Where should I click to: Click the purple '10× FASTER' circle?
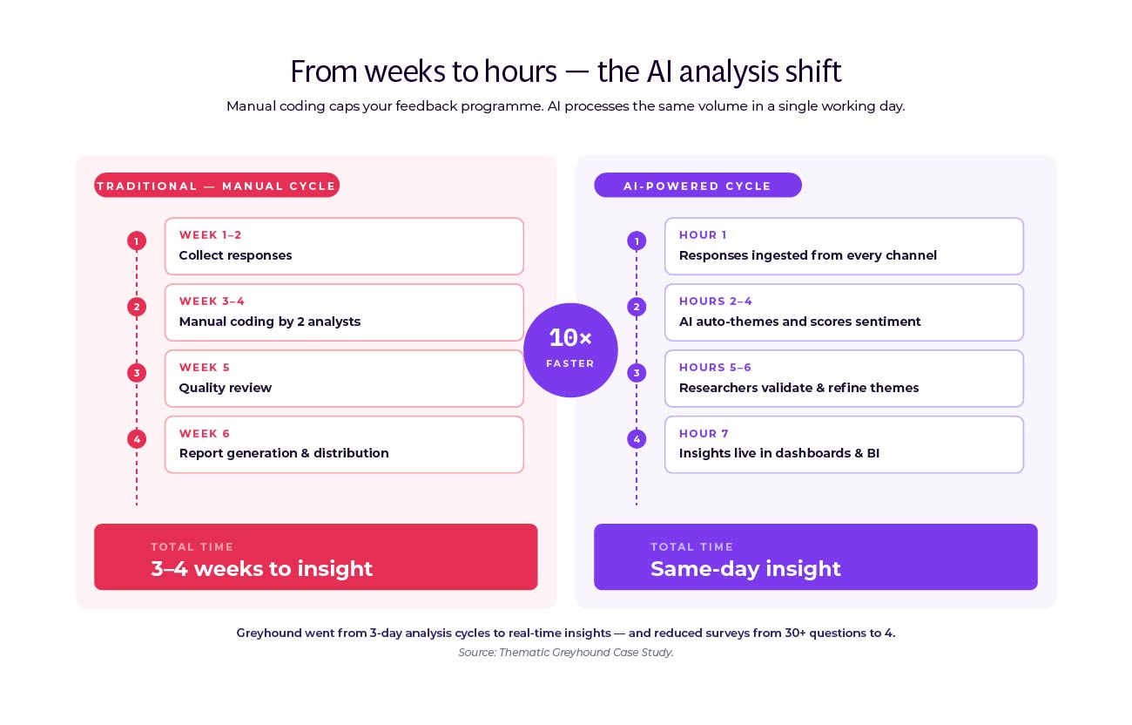point(570,350)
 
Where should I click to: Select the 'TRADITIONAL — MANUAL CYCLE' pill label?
point(217,186)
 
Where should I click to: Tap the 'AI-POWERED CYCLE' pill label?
point(697,186)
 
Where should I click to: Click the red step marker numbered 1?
point(137,241)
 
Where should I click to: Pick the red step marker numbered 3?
point(137,373)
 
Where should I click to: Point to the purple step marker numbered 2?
point(637,307)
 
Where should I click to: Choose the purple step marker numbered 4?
point(637,439)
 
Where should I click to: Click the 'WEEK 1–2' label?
point(211,235)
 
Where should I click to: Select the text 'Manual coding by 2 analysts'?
point(270,322)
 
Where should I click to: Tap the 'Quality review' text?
point(226,388)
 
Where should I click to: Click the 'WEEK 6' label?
point(205,434)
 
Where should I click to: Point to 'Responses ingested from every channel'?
point(808,255)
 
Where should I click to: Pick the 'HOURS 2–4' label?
point(716,302)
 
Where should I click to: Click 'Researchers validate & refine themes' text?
point(798,388)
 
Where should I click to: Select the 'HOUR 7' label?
point(704,434)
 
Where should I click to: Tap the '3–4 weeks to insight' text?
point(261,569)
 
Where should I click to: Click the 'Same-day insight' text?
point(745,569)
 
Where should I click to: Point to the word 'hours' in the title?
point(519,71)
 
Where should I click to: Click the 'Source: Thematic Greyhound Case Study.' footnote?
point(566,653)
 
